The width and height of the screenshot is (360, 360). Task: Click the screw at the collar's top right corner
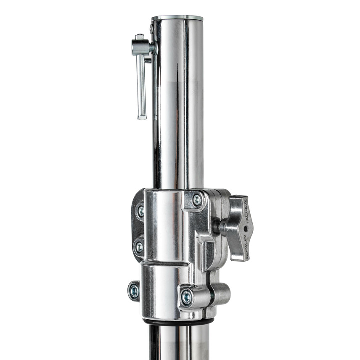[x=196, y=200]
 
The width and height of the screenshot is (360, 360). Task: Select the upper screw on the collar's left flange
[x=140, y=211]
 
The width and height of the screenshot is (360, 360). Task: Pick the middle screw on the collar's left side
[x=138, y=247]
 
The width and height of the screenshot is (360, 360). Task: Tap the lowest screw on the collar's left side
[x=134, y=291]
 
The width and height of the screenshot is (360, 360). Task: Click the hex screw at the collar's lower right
[x=186, y=297]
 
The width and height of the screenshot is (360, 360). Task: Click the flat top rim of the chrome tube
[x=177, y=18]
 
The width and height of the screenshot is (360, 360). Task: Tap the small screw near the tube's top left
[x=152, y=29]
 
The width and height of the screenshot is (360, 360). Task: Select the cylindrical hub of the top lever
[x=141, y=48]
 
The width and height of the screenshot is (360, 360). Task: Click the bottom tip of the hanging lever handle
[x=142, y=116]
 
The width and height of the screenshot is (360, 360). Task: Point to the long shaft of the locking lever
[x=141, y=84]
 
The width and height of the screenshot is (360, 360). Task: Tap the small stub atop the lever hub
[x=139, y=37]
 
